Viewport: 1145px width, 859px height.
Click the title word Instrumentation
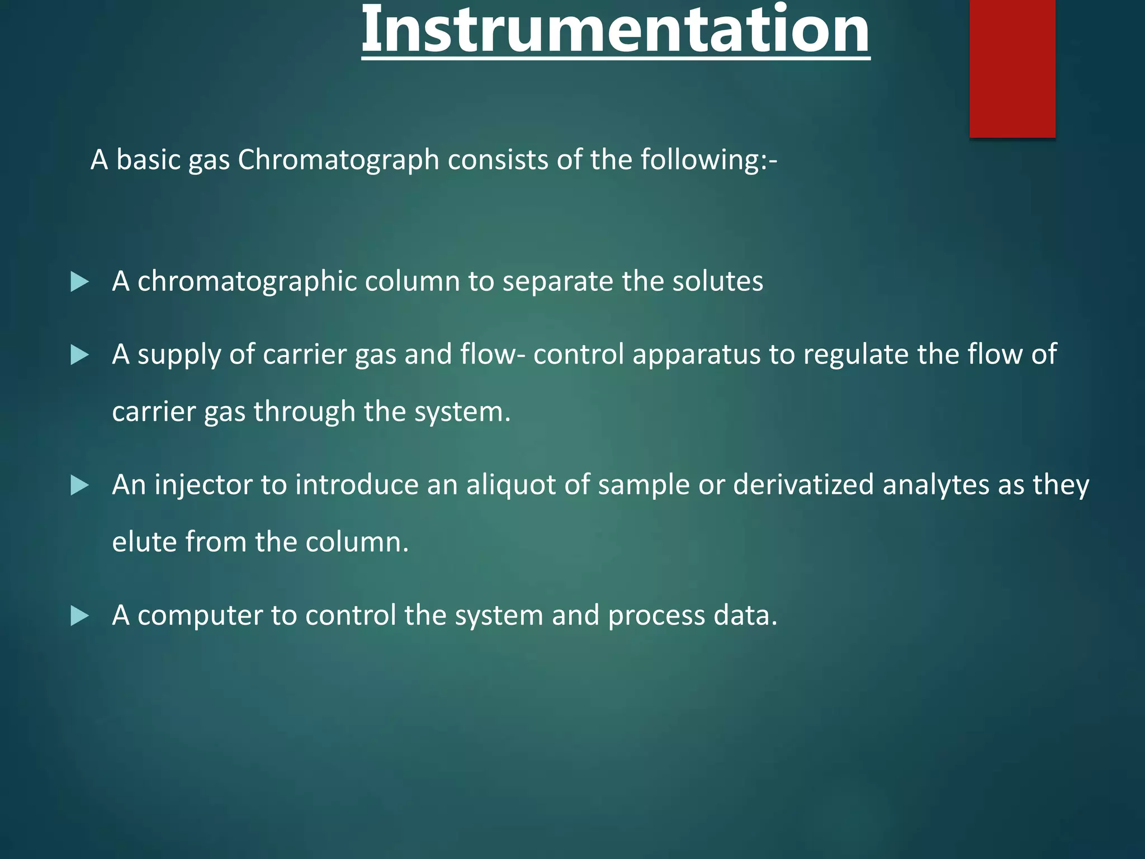(615, 29)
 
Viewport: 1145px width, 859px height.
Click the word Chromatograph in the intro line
(338, 160)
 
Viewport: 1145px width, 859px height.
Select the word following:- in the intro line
(708, 160)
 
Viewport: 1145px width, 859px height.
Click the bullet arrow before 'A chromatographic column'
(79, 282)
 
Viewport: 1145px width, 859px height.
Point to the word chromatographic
(247, 281)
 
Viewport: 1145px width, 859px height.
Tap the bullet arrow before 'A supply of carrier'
(79, 355)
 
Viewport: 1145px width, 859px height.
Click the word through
(304, 412)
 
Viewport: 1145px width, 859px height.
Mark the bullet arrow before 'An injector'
(79, 485)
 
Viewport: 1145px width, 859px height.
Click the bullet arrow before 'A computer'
(79, 616)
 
